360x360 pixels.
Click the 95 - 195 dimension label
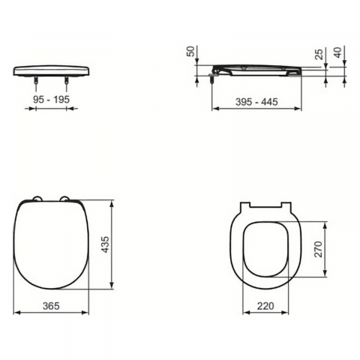(51, 100)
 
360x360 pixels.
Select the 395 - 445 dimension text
(256, 102)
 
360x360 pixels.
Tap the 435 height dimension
(106, 244)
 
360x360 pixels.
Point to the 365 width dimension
(51, 305)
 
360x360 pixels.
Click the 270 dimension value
(319, 249)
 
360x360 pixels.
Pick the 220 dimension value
(265, 306)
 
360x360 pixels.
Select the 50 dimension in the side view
(190, 51)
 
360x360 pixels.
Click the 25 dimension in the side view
(319, 54)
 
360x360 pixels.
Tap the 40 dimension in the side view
(337, 52)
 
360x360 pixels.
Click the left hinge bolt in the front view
(37, 80)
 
